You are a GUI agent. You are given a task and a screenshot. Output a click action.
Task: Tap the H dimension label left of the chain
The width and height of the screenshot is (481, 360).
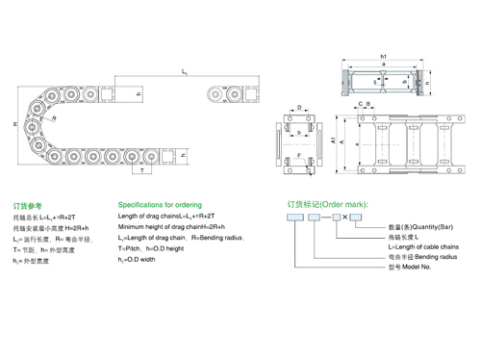point(14,126)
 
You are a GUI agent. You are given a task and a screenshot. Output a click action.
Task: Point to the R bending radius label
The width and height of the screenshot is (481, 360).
point(55,118)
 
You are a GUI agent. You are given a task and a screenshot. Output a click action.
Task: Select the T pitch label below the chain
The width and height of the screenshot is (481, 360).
point(143,180)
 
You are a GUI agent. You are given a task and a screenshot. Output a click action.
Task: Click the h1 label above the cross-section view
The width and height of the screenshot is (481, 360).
point(383,56)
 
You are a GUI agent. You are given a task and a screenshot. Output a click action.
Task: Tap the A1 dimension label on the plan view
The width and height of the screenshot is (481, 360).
point(333,141)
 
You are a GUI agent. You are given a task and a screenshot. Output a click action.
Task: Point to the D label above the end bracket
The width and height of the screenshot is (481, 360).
point(299,108)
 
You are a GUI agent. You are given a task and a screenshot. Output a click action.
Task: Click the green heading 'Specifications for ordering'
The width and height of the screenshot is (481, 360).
point(159,205)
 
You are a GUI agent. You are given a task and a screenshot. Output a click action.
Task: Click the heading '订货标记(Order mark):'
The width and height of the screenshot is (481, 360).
point(328,205)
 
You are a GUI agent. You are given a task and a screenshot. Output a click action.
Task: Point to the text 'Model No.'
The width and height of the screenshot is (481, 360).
point(416,269)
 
